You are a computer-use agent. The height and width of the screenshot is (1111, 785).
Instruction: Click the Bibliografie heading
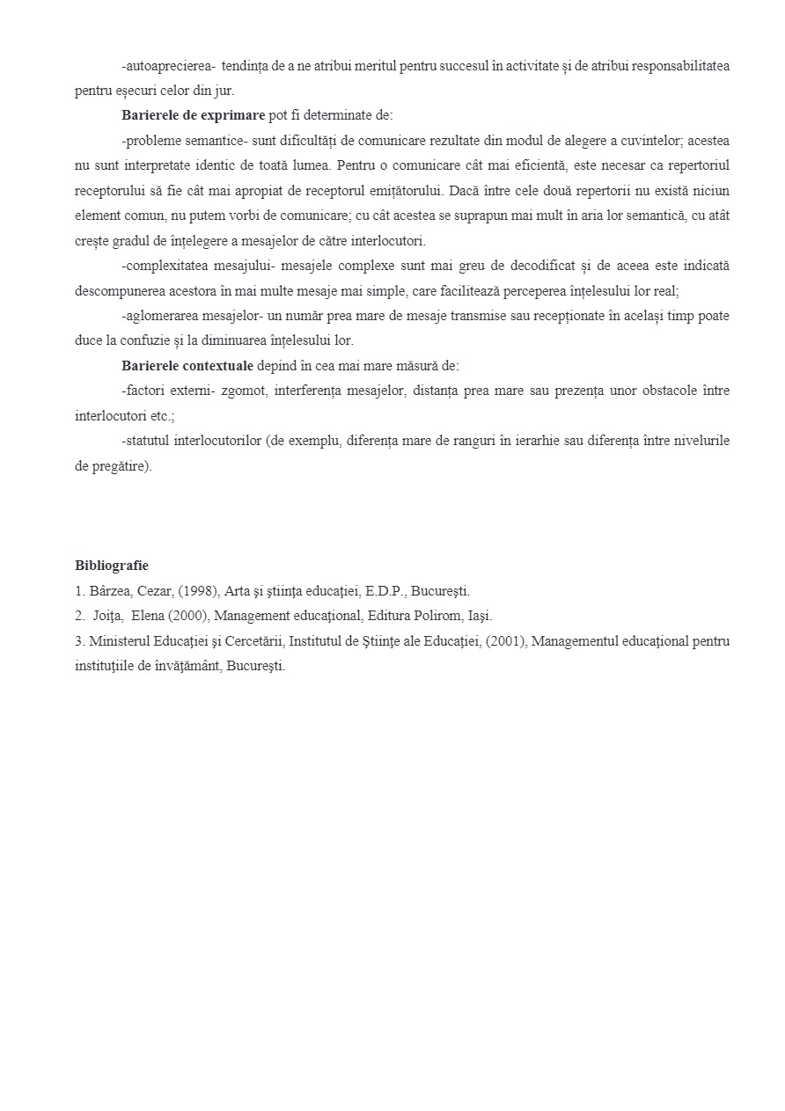pos(112,566)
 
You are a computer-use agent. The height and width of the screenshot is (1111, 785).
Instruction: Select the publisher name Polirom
pos(432,616)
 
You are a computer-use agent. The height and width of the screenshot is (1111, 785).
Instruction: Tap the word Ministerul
pos(119,641)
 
